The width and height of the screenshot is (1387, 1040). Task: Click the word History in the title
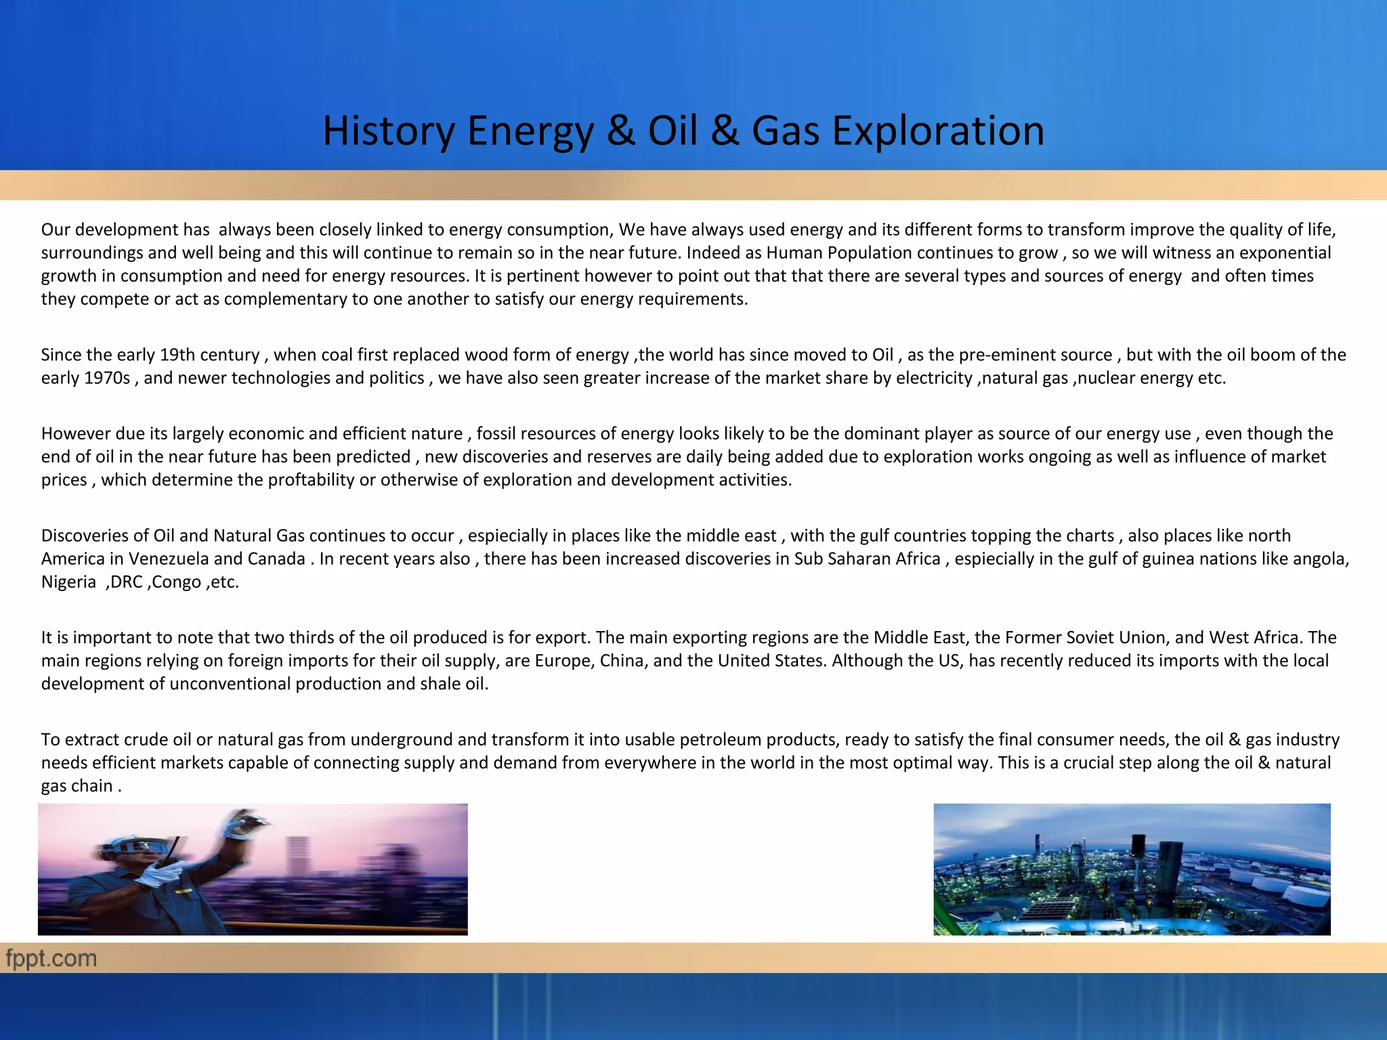pyautogui.click(x=387, y=131)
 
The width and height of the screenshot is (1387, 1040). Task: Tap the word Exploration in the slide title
pyautogui.click(x=937, y=131)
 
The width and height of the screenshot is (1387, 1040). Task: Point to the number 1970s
pyautogui.click(x=107, y=378)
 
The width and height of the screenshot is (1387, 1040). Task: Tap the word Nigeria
pyautogui.click(x=68, y=582)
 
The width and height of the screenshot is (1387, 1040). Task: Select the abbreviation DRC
pyautogui.click(x=125, y=582)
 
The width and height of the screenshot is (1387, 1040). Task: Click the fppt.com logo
pyautogui.click(x=51, y=958)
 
